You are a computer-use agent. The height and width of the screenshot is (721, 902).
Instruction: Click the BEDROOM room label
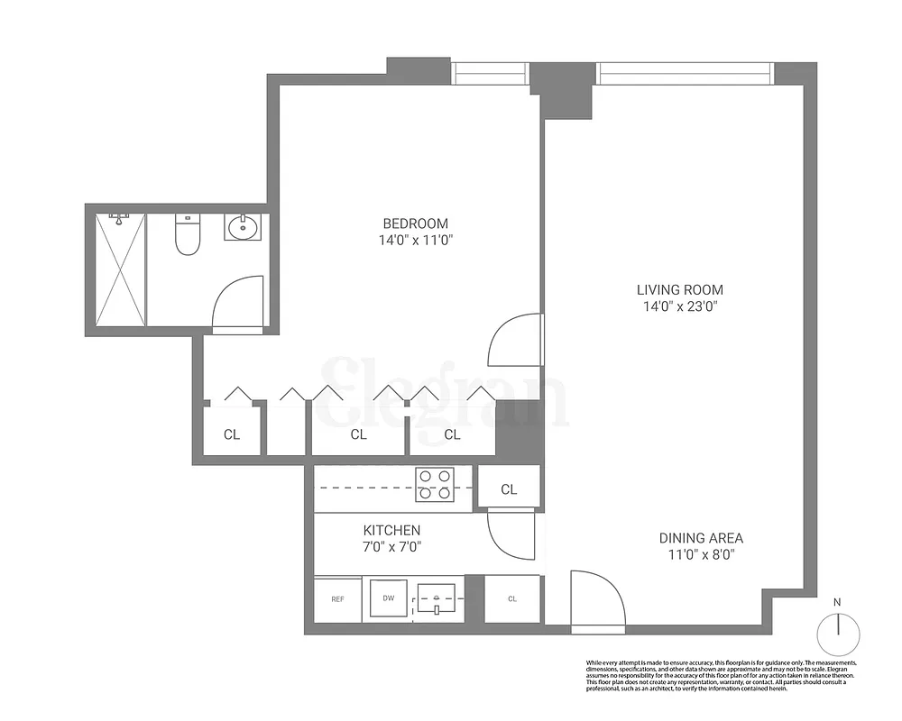(x=415, y=224)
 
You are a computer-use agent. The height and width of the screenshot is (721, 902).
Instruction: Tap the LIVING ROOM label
(x=680, y=289)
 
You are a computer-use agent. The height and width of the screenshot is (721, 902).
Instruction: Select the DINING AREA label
(x=700, y=538)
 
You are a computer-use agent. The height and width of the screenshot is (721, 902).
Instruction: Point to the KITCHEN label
(x=391, y=530)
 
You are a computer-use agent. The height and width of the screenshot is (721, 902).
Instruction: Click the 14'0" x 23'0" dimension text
(x=680, y=306)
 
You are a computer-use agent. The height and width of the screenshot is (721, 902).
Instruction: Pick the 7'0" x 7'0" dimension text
(x=391, y=546)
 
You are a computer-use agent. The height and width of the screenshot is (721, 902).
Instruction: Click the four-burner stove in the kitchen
(x=434, y=485)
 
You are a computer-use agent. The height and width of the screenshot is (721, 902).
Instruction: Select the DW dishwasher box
(x=389, y=598)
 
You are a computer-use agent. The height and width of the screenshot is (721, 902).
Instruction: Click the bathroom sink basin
(x=242, y=227)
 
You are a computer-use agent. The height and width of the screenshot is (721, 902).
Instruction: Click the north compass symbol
(x=838, y=633)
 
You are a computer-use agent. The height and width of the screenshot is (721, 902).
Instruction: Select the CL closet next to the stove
(x=509, y=489)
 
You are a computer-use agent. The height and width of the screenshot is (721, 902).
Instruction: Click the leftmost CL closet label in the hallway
(x=232, y=434)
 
